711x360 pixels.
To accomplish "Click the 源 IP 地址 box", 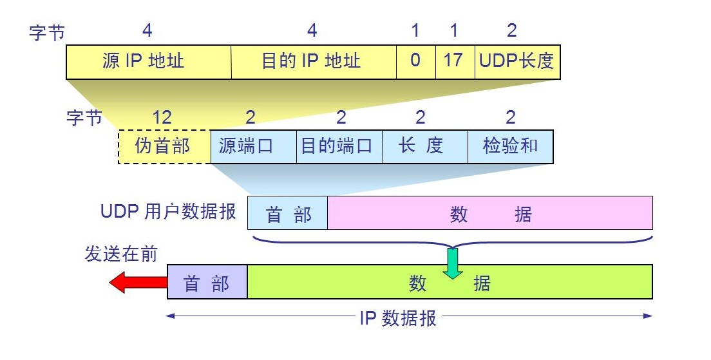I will click(149, 62).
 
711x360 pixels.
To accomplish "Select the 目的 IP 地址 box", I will click(314, 62).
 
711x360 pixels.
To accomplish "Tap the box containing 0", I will click(415, 62).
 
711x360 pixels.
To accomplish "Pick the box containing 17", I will click(455, 62).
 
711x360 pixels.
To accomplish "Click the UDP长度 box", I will click(517, 62).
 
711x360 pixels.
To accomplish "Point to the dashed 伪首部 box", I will click(164, 147).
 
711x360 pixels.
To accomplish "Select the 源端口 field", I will click(253, 147).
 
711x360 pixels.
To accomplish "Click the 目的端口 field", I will click(339, 147).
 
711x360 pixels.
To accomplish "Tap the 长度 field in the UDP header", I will click(424, 147).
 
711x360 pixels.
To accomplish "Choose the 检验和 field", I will click(510, 147).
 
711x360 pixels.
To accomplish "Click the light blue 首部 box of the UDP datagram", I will click(288, 214).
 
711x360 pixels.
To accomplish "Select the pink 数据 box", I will click(489, 214).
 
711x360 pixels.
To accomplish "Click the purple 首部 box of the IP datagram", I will click(207, 282).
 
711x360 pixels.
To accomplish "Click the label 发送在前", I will click(121, 254).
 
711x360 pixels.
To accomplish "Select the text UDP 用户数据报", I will click(169, 212).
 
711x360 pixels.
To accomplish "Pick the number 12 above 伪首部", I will click(162, 117).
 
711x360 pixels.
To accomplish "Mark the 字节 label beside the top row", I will click(47, 33).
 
